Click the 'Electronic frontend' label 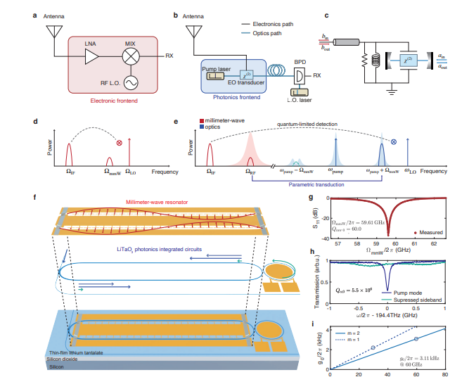point(113,101)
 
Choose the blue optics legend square point(203,128)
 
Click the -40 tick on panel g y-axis point(324,238)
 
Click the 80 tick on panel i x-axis point(444,373)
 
